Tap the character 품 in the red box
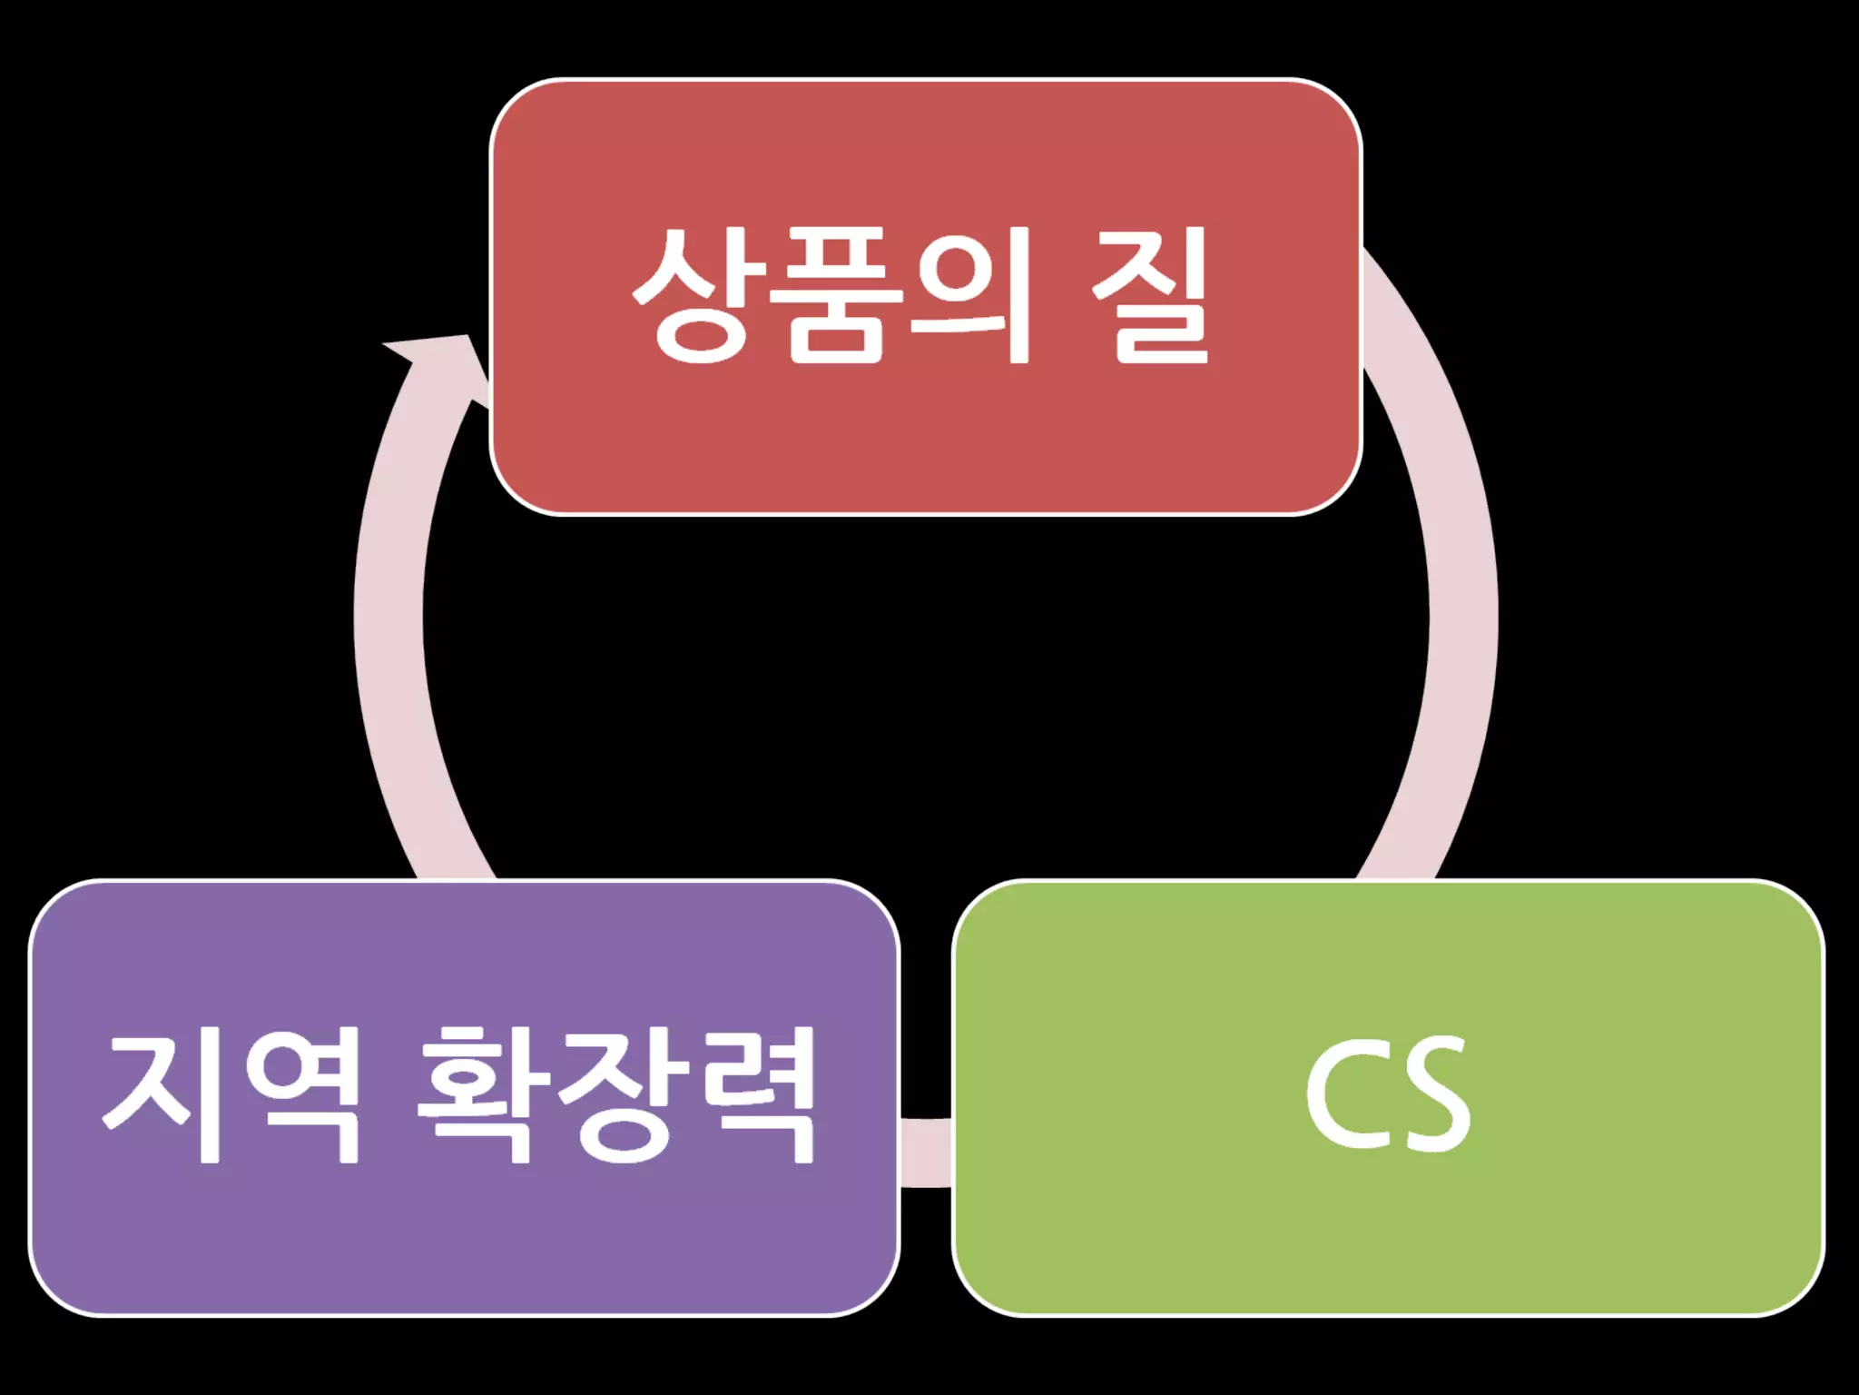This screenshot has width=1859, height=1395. (833, 295)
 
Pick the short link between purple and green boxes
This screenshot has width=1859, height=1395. (926, 1152)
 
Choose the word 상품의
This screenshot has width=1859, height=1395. (833, 295)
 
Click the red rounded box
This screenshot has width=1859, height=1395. (926, 436)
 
